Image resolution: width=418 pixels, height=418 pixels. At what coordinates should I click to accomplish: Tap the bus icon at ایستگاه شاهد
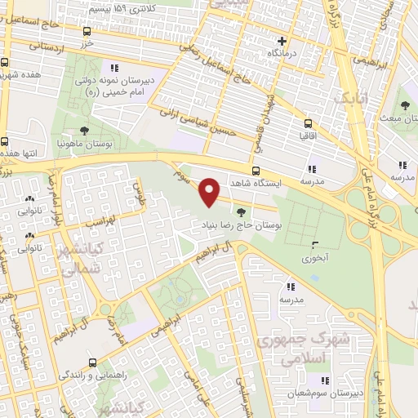click(256, 171)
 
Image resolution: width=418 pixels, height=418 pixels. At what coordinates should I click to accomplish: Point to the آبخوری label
click(314, 257)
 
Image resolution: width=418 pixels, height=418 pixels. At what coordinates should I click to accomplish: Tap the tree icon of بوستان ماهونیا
click(85, 130)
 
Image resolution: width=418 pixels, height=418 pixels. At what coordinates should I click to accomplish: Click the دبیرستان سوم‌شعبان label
click(323, 394)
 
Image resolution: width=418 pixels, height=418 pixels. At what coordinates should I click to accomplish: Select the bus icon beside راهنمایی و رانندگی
click(91, 362)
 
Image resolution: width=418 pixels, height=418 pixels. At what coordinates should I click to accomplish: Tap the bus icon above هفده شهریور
click(6, 62)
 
